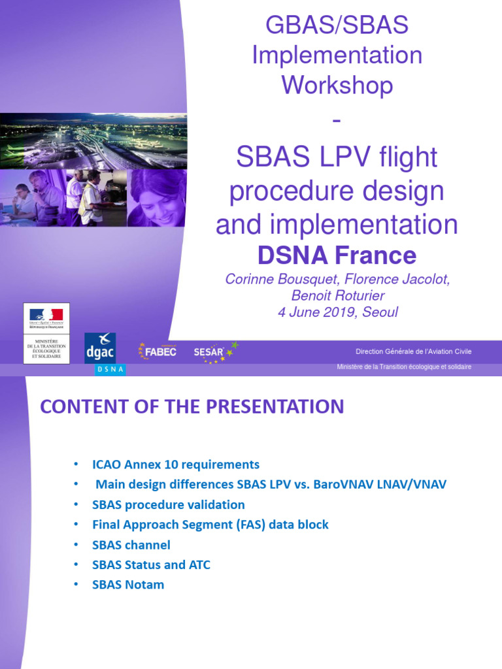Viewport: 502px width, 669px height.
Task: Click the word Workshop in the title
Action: [x=337, y=85]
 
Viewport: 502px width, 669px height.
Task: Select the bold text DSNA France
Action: [x=337, y=255]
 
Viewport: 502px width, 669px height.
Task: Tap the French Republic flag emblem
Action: [x=46, y=315]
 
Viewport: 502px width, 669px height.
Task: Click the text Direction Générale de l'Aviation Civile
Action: [x=413, y=351]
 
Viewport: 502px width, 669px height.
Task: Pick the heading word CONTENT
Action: [x=83, y=406]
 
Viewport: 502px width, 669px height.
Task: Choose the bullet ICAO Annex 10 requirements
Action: [x=175, y=465]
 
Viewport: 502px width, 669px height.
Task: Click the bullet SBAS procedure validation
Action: [x=168, y=504]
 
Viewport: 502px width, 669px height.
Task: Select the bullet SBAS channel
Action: [x=131, y=545]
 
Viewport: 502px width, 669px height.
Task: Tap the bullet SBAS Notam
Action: [x=128, y=585]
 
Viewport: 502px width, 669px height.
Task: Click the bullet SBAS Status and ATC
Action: [x=151, y=564]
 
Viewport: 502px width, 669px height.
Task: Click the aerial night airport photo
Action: [x=93, y=140]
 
